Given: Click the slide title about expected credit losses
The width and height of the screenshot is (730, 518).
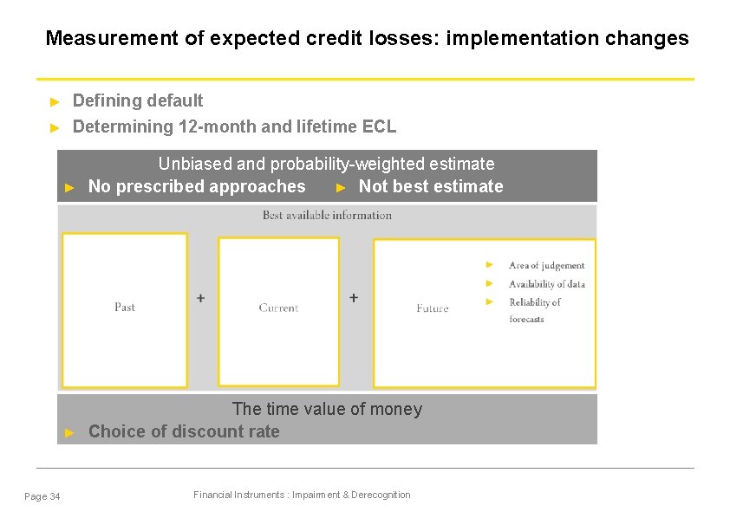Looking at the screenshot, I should [x=367, y=39].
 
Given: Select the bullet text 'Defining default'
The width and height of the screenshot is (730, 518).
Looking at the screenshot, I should [x=138, y=100].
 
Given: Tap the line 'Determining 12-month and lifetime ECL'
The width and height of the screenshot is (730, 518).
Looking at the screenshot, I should [x=234, y=126].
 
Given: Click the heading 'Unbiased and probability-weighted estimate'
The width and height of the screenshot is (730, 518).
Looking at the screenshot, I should [x=326, y=164].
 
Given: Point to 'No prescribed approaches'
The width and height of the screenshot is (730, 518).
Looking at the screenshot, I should [x=197, y=186].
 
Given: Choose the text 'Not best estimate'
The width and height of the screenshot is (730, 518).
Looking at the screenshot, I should [x=431, y=186].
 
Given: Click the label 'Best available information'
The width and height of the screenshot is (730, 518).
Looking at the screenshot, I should [x=327, y=215].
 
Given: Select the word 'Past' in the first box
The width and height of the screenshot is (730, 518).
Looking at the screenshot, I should [x=125, y=307].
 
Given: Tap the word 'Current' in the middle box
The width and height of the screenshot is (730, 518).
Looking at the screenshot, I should [x=278, y=308].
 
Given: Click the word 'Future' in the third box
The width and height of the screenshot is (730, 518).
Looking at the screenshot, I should [x=433, y=308].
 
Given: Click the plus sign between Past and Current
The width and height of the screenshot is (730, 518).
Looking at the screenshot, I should [x=201, y=298].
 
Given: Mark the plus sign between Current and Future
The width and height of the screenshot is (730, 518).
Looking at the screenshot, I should [x=354, y=298].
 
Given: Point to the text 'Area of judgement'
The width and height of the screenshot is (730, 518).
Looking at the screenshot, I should [x=546, y=266].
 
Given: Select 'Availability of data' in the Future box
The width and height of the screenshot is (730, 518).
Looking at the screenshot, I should [x=546, y=284].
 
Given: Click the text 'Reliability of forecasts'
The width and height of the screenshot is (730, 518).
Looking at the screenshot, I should [x=534, y=310].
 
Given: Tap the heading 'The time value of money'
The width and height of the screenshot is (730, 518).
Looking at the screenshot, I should [x=327, y=409].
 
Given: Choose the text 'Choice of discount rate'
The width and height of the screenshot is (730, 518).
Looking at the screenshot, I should [x=184, y=431].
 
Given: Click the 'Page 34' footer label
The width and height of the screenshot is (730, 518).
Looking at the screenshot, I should [x=42, y=496].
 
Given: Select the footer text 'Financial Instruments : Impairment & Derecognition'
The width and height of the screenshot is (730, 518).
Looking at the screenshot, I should [x=302, y=495].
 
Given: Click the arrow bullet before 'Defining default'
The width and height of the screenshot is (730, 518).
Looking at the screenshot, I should [x=54, y=101].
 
